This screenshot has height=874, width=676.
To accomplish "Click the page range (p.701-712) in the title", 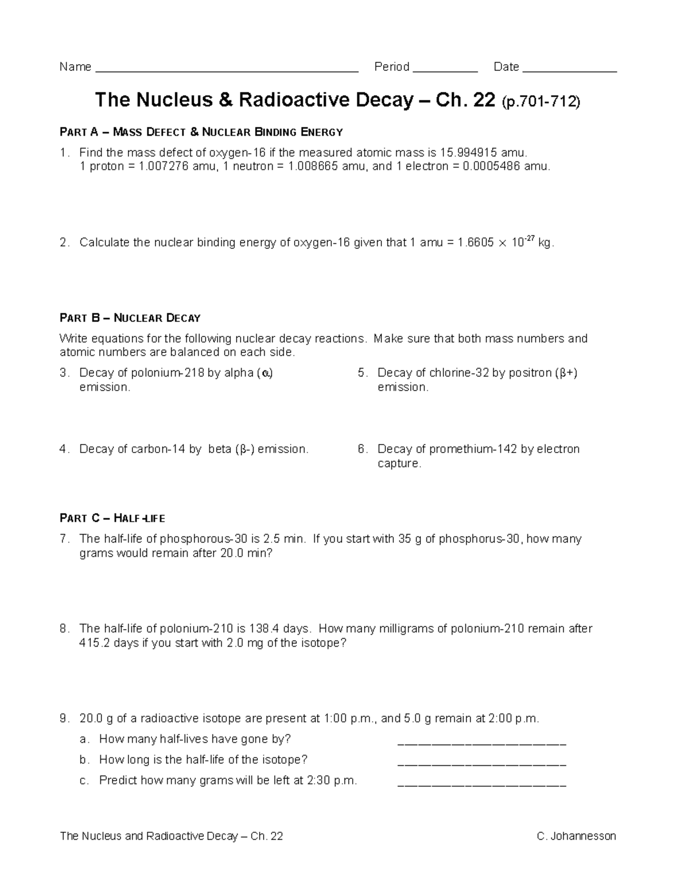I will click(540, 101).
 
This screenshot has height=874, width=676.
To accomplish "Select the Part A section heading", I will click(201, 132).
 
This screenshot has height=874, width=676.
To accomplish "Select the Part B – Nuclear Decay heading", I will click(130, 318).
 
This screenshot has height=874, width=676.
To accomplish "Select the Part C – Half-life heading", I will click(113, 518).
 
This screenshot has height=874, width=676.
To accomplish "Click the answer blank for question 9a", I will click(482, 743).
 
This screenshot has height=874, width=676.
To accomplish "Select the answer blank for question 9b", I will click(482, 764).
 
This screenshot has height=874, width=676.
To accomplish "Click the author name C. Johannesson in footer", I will click(576, 836).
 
